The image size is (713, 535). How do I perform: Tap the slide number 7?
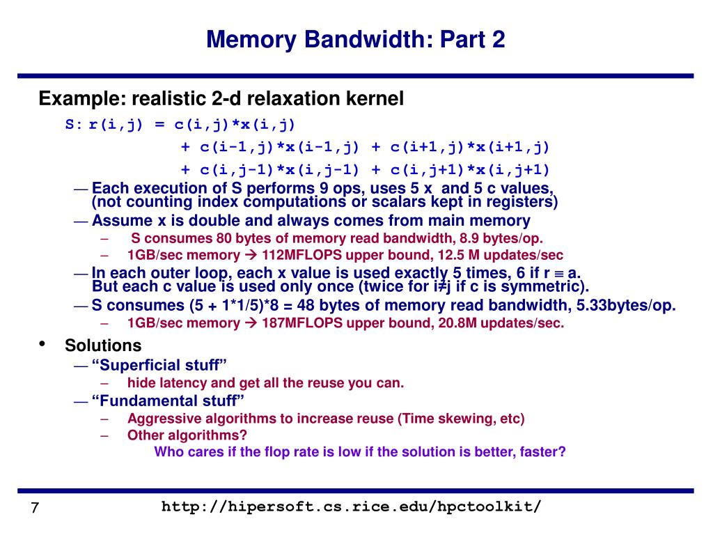(x=33, y=508)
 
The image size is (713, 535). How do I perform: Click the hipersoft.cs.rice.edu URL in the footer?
(x=352, y=506)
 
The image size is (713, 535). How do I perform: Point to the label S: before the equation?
(x=74, y=125)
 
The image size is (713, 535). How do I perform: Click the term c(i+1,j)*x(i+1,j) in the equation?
(x=461, y=147)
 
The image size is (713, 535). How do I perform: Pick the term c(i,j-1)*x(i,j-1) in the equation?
(x=270, y=169)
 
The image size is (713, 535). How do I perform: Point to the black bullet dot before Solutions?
(x=42, y=343)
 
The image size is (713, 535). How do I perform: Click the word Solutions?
(x=103, y=346)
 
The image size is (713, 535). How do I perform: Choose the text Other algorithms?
(x=187, y=435)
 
